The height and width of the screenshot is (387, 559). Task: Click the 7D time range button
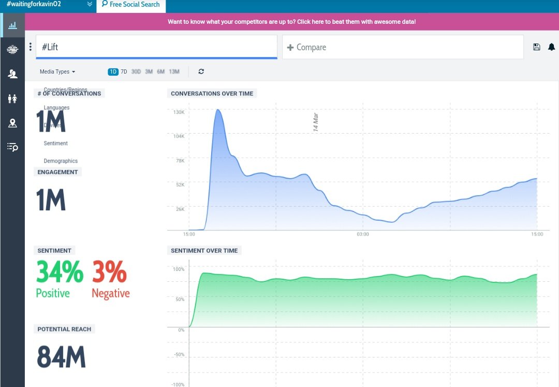(124, 72)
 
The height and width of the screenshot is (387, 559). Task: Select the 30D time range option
(136, 72)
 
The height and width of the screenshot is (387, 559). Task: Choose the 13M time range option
(174, 72)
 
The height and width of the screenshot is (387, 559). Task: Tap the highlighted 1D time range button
(113, 72)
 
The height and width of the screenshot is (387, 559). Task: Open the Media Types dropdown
(57, 72)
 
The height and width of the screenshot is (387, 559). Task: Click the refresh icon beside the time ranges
(201, 72)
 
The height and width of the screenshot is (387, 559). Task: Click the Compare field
(403, 47)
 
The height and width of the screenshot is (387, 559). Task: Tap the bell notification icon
(551, 47)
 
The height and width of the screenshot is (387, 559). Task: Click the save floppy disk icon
(537, 47)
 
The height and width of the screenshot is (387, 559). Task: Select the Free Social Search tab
(131, 5)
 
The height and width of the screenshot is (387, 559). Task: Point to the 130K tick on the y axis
(179, 112)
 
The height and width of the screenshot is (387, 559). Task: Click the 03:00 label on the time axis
(363, 235)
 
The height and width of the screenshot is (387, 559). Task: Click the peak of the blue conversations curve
(218, 110)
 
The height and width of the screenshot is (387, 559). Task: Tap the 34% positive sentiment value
(60, 272)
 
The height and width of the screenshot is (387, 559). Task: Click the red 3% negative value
(109, 272)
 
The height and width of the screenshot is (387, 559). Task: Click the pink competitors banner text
(291, 22)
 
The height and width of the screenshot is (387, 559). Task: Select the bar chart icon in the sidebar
(12, 25)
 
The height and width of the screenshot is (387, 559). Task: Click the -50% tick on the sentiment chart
(179, 354)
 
